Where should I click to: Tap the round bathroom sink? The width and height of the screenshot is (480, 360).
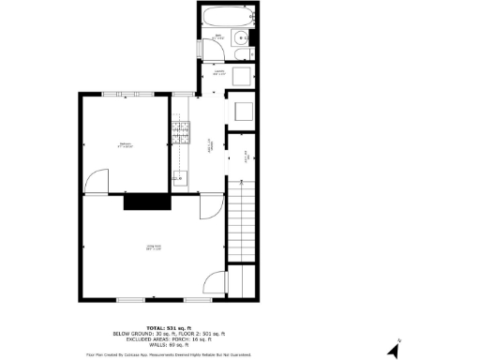coord(242,38)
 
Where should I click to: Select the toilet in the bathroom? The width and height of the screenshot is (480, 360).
coord(245,54)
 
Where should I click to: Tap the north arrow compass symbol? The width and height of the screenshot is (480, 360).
coord(395,349)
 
